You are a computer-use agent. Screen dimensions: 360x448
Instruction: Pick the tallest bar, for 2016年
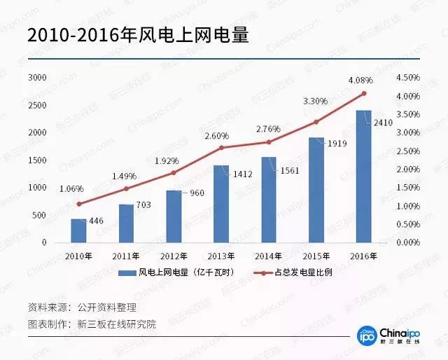pyautogui.click(x=364, y=176)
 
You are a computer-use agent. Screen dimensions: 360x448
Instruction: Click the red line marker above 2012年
pyautogui.click(x=174, y=172)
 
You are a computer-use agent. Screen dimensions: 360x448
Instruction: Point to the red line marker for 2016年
pyautogui.click(x=364, y=93)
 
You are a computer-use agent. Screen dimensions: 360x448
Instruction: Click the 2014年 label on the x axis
pyautogui.click(x=269, y=256)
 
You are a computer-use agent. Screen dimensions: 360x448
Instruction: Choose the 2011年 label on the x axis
pyautogui.click(x=126, y=256)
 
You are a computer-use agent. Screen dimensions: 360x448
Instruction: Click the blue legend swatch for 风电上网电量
pyautogui.click(x=127, y=272)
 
